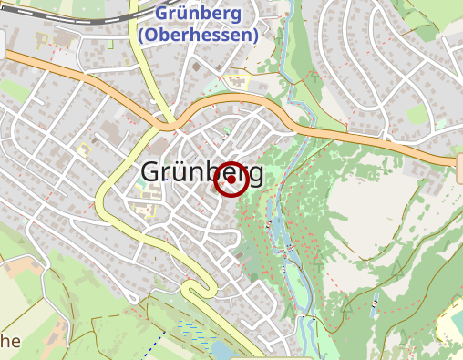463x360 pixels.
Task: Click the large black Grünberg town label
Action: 202,172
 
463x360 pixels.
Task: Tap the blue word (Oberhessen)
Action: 200,35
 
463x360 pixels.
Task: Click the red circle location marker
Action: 231,180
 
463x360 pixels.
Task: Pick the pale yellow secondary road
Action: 102,196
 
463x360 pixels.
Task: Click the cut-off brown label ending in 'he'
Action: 9,341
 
